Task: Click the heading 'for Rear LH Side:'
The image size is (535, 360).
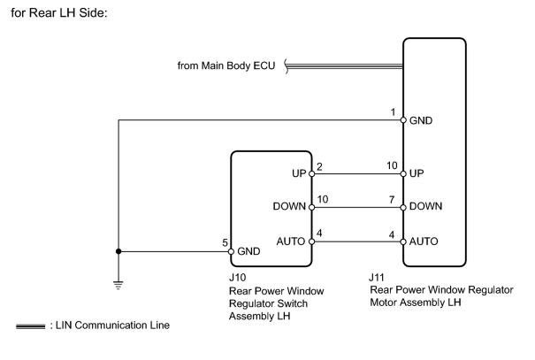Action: pyautogui.click(x=59, y=12)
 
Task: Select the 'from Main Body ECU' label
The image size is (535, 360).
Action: pyautogui.click(x=226, y=65)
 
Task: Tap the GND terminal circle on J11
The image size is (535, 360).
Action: pyautogui.click(x=403, y=120)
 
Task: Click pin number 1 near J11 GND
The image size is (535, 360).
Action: pyautogui.click(x=393, y=112)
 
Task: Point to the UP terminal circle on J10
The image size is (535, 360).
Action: pyautogui.click(x=311, y=174)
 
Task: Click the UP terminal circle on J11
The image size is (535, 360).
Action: pyautogui.click(x=403, y=174)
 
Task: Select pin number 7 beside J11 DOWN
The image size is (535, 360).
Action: pyautogui.click(x=392, y=199)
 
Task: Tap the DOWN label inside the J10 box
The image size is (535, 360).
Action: pyautogui.click(x=289, y=206)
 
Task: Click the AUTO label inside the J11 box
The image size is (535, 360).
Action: pyautogui.click(x=424, y=241)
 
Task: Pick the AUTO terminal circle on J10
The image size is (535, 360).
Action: pyautogui.click(x=311, y=241)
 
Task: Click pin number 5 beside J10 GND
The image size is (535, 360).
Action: pyautogui.click(x=225, y=242)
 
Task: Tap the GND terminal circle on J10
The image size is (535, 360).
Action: pyautogui.click(x=231, y=251)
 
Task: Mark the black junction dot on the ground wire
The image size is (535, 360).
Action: pyautogui.click(x=118, y=251)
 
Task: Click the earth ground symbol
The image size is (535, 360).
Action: pyautogui.click(x=118, y=286)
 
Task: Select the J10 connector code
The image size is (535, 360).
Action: pyautogui.click(x=238, y=278)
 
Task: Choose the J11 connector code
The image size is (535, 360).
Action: pyautogui.click(x=377, y=278)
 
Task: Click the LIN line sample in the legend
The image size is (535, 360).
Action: pyautogui.click(x=30, y=326)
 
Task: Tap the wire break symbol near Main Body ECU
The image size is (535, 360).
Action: pyautogui.click(x=287, y=66)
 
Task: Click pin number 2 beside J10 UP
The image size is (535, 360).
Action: pyautogui.click(x=320, y=166)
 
